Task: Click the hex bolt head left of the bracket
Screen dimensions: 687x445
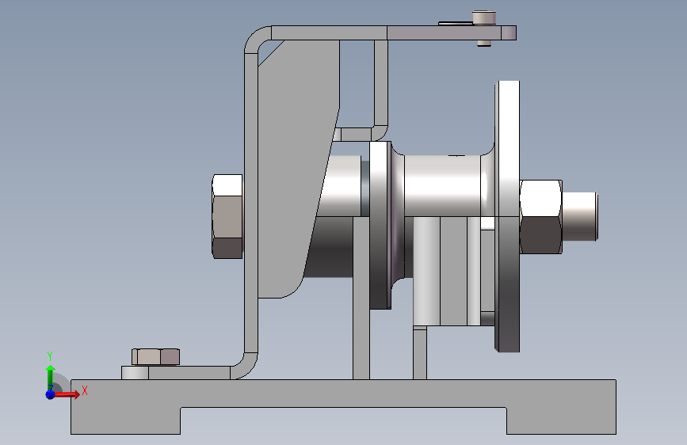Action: point(227,216)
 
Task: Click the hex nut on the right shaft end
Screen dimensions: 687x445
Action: point(540,216)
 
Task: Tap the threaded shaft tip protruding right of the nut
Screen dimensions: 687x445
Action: point(580,216)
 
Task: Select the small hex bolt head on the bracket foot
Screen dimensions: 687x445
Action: point(155,357)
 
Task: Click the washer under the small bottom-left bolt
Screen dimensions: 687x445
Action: point(135,373)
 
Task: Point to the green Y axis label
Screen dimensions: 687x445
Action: point(50,356)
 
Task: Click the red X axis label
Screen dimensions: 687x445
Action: point(85,390)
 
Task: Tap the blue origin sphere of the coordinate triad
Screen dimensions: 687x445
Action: point(51,394)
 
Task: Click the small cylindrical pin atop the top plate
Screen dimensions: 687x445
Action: point(484,18)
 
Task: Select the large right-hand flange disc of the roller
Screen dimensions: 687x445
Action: point(507,216)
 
